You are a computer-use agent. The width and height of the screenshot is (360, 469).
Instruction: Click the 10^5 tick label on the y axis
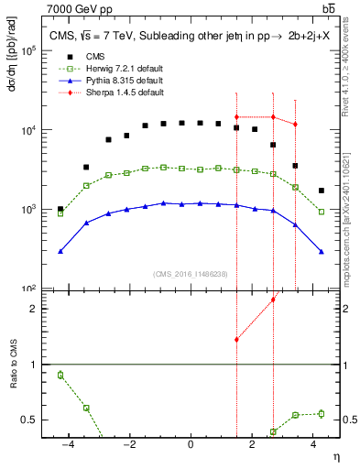pyautogui.click(x=39, y=51)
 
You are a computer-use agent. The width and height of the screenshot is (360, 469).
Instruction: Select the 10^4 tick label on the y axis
pyautogui.click(x=39, y=130)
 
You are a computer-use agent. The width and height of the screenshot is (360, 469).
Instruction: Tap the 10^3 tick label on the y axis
pyautogui.click(x=39, y=210)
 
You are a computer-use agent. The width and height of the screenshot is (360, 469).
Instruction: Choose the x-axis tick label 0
pyautogui.click(x=191, y=444)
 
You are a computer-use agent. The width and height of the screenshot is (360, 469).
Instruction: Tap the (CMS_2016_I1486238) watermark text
pyautogui.click(x=191, y=274)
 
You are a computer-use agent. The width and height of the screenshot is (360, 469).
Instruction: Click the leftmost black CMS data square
pyautogui.click(x=60, y=209)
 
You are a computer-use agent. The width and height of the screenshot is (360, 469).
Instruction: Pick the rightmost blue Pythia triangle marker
pyautogui.click(x=322, y=251)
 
